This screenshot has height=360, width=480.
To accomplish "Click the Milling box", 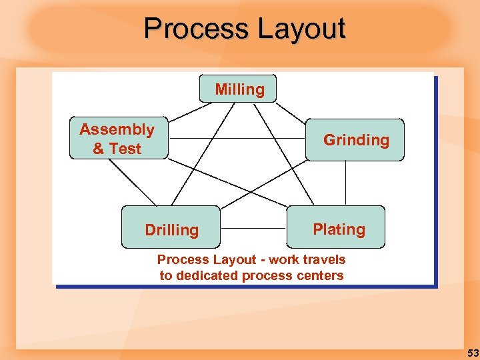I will (x=238, y=89).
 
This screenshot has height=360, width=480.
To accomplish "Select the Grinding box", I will (x=355, y=140).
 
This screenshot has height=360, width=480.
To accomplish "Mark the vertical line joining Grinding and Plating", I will (x=345, y=183).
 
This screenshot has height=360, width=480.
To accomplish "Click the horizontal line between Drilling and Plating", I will (x=253, y=228).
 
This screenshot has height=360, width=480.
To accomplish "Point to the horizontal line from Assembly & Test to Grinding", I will (x=237, y=138).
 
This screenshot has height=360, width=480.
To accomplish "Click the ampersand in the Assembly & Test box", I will (x=99, y=149).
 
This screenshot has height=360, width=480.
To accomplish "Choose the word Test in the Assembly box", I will (x=125, y=149).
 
